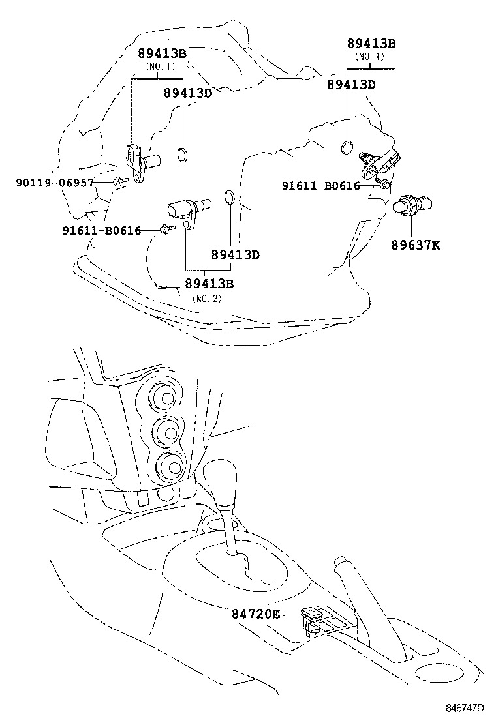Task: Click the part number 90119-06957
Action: [x=55, y=183]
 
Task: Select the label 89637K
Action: [x=416, y=245]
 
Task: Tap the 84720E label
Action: [x=255, y=614]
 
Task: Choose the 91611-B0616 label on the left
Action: [x=102, y=230]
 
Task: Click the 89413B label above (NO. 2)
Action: [x=209, y=284]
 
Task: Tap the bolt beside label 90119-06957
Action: [x=119, y=183]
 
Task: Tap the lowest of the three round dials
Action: [x=170, y=465]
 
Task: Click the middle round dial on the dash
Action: [x=167, y=431]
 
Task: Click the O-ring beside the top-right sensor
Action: [x=349, y=146]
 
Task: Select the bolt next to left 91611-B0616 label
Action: [x=166, y=229]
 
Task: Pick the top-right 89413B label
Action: [x=371, y=44]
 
